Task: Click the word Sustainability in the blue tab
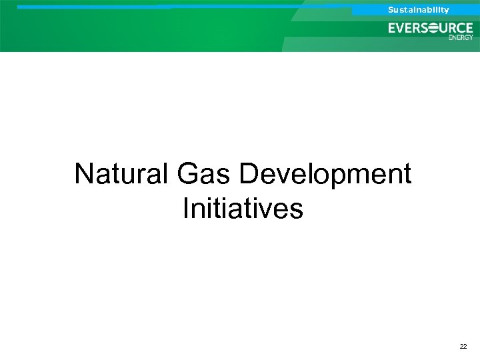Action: [x=419, y=10]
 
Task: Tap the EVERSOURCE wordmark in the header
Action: [x=431, y=29]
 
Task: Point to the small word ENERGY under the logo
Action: [x=461, y=37]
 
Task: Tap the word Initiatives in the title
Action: [x=243, y=208]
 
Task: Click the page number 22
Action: [x=463, y=347]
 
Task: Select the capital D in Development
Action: [x=248, y=175]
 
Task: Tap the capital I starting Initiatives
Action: [x=185, y=208]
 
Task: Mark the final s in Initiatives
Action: [x=297, y=211]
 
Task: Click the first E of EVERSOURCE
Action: [x=393, y=29]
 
